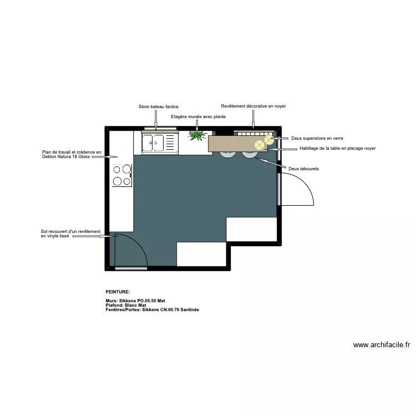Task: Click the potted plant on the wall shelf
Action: [197, 135]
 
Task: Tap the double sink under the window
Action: [159, 143]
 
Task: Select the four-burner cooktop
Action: [122, 174]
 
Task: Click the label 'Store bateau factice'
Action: [158, 106]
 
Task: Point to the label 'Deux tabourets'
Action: [303, 168]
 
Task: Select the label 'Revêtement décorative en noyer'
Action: [253, 106]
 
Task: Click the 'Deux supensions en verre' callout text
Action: [317, 138]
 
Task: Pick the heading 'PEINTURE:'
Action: [118, 291]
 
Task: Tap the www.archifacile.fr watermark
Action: [382, 344]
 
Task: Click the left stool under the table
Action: [227, 155]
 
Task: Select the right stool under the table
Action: [249, 155]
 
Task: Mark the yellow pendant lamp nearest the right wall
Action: [269, 139]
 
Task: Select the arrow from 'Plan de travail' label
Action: [105, 157]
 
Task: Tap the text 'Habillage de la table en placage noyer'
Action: [337, 148]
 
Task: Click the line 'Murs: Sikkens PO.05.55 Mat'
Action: [135, 301]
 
